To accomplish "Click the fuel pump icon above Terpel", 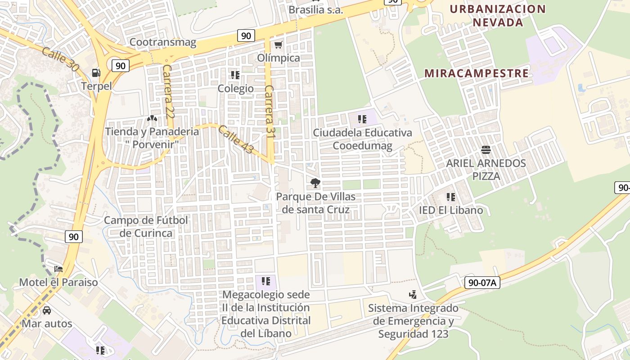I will [96, 72].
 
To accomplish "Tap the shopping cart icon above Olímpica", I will [278, 45].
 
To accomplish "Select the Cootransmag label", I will [163, 42].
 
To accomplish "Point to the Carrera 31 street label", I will [270, 111].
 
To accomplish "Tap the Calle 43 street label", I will [236, 139].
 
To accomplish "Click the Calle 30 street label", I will [59, 59].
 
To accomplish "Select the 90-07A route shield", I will [482, 283].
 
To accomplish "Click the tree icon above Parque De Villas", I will [315, 183].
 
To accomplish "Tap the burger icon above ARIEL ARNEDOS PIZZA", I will [486, 149].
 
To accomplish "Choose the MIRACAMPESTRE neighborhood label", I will [477, 73].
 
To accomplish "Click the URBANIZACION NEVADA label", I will [498, 15].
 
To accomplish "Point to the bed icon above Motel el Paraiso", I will [58, 269].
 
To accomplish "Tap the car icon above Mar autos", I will [47, 310].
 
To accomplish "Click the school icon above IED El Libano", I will [451, 197].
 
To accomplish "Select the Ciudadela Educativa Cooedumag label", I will [362, 139].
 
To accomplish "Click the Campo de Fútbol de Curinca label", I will [146, 226].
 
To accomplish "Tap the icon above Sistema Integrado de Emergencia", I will [413, 295].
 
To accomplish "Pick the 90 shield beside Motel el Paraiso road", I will [74, 236].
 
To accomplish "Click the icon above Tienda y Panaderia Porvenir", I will [152, 118].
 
